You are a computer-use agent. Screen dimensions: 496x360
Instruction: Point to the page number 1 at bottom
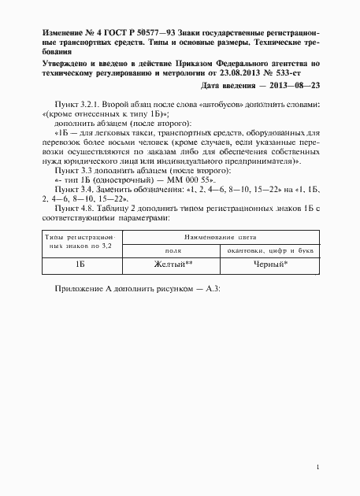click(x=316, y=469)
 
